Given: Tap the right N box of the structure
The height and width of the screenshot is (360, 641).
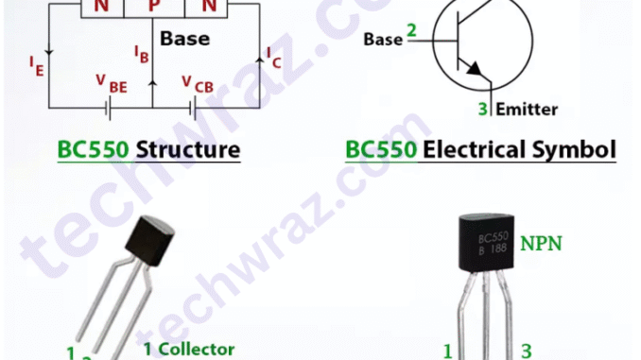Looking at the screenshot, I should (208, 8).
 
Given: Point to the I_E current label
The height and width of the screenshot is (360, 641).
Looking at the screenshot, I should (36, 65).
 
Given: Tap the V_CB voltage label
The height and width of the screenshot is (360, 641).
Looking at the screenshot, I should (198, 83).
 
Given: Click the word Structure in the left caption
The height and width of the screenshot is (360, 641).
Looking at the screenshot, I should (188, 150).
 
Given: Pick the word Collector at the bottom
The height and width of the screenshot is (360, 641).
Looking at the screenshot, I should (198, 349).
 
